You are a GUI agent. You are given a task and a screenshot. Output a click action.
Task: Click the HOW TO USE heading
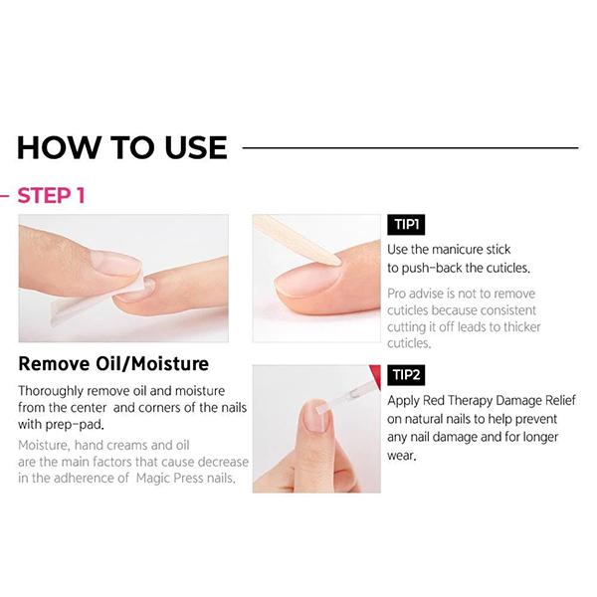pos(121,147)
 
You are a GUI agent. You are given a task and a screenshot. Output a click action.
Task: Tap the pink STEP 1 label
pos(51,195)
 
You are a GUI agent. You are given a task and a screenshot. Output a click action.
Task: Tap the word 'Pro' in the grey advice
pos(398,294)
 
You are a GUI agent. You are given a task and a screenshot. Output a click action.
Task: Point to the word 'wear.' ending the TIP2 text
pos(407,456)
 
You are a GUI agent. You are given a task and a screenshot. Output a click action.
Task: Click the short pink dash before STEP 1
pos(5,195)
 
